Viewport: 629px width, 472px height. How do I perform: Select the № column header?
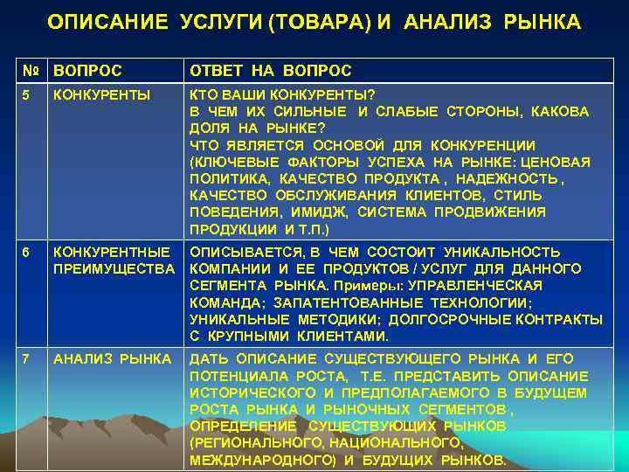click(30, 71)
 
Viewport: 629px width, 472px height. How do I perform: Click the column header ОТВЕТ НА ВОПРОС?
click(270, 71)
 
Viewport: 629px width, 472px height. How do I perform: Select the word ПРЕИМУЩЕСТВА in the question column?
click(114, 268)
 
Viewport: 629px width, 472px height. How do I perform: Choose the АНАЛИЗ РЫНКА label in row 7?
click(112, 359)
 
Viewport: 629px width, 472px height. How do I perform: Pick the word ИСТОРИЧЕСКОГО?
click(245, 392)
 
